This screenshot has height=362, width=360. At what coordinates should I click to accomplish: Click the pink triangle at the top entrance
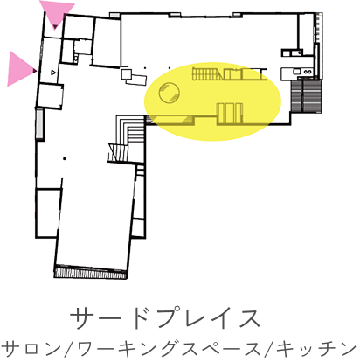pyautogui.click(x=57, y=12)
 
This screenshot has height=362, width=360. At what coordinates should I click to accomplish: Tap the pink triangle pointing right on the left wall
pyautogui.click(x=20, y=69)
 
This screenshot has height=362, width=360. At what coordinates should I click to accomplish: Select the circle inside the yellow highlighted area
pyautogui.click(x=169, y=92)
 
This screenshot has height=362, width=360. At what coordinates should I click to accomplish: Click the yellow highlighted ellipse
pyautogui.click(x=213, y=101)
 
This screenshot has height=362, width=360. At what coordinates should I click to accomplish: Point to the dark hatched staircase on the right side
pyautogui.click(x=307, y=97)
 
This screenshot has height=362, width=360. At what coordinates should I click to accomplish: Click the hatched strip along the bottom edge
pyautogui.click(x=91, y=273)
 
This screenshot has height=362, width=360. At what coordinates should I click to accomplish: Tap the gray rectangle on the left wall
pyautogui.click(x=39, y=124)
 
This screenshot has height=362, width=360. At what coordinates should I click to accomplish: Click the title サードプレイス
pyautogui.click(x=165, y=318)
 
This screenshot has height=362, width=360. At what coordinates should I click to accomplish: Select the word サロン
pyautogui.click(x=31, y=349)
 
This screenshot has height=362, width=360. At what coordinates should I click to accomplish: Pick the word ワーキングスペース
pyautogui.click(x=170, y=349)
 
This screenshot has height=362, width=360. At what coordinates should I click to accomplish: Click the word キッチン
pyautogui.click(x=316, y=349)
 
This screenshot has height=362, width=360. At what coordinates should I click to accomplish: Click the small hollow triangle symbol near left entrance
pyautogui.click(x=52, y=72)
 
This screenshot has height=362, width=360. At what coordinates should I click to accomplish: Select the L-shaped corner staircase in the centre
pyautogui.click(x=128, y=138)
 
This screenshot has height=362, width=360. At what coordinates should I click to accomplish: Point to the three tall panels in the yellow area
pyautogui.click(x=229, y=114)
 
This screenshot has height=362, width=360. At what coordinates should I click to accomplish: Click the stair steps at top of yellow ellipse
pyautogui.click(x=207, y=73)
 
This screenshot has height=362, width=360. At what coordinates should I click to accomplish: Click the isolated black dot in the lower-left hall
pyautogui.click(x=65, y=158)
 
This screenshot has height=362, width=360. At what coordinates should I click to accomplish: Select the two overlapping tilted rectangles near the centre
pyautogui.click(x=134, y=77)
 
